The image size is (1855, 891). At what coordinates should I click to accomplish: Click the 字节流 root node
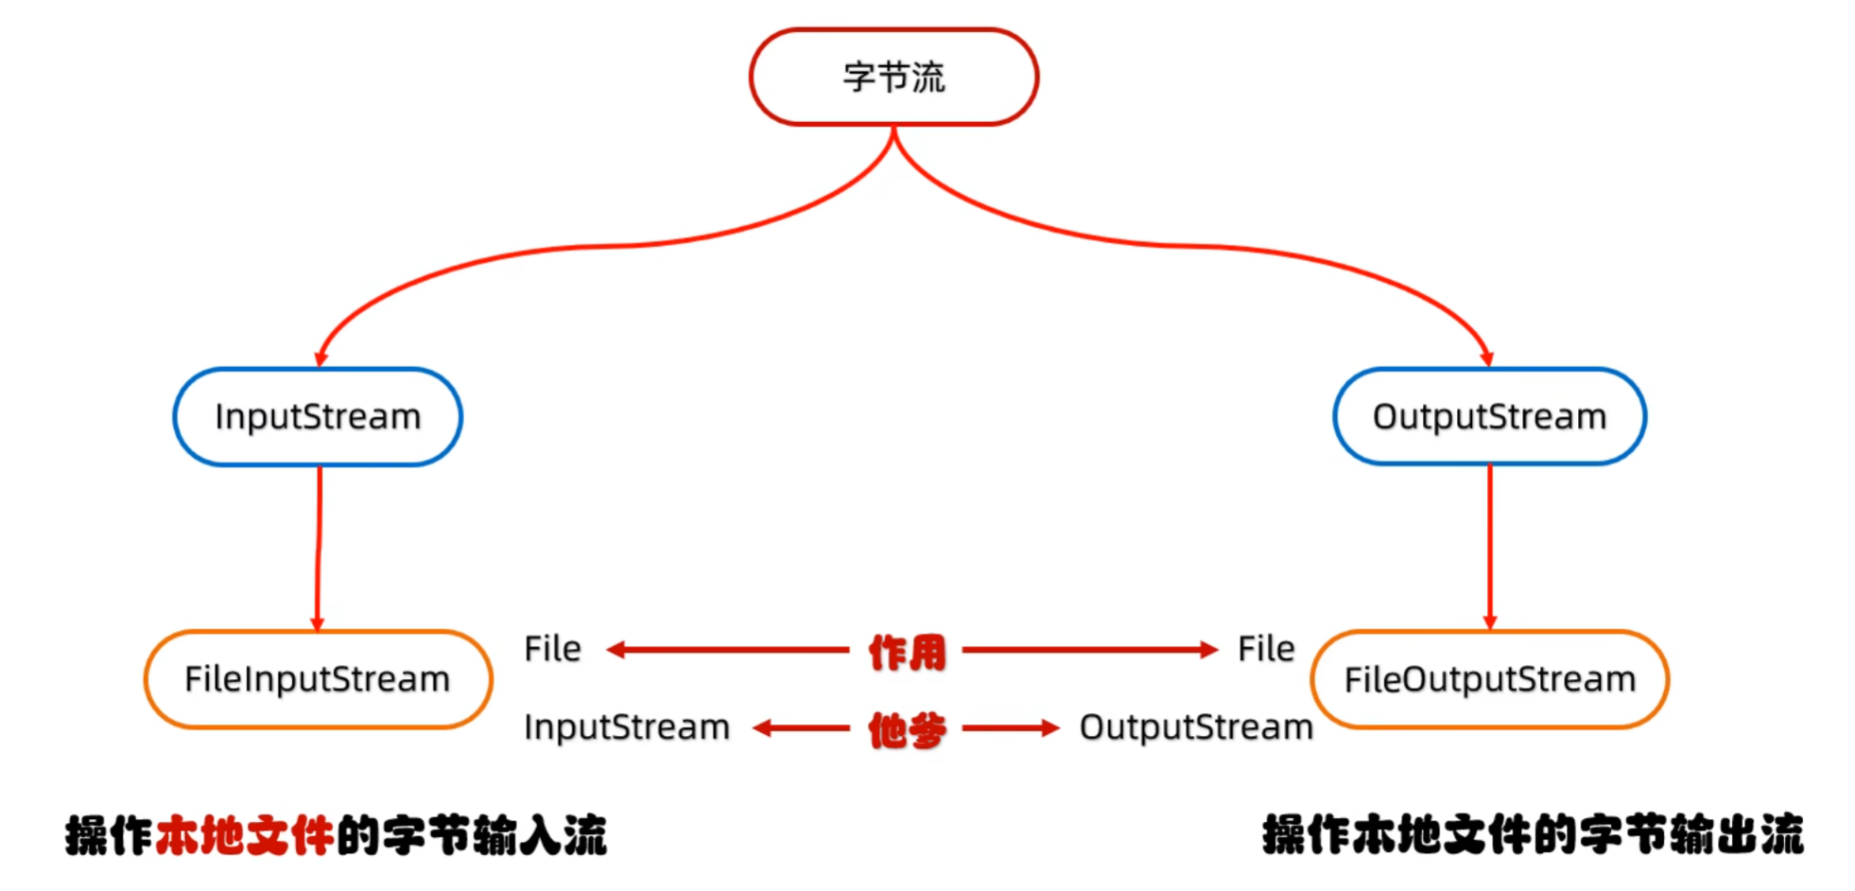click(x=893, y=77)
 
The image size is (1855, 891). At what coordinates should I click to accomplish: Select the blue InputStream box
click(x=318, y=417)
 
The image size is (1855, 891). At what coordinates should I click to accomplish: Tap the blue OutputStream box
click(x=1489, y=417)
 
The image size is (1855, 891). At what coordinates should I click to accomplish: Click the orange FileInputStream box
click(x=318, y=679)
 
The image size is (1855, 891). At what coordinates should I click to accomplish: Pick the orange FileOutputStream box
click(x=1489, y=679)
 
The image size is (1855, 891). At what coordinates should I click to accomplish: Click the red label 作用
click(x=907, y=652)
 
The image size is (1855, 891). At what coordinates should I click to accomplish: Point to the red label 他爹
click(x=907, y=729)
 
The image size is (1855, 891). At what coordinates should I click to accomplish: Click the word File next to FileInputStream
click(x=552, y=649)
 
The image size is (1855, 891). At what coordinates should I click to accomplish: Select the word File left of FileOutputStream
click(x=1266, y=649)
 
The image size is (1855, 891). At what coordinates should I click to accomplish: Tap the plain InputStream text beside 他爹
click(x=627, y=727)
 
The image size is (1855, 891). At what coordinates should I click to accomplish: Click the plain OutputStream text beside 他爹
click(x=1196, y=727)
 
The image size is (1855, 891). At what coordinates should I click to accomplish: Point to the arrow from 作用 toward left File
click(x=728, y=650)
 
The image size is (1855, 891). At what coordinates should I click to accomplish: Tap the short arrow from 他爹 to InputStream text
click(x=801, y=728)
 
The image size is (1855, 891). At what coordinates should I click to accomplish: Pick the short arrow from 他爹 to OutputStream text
click(x=1011, y=728)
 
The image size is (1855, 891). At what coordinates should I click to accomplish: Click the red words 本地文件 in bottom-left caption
click(x=244, y=836)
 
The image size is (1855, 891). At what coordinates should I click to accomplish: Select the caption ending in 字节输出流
click(x=1533, y=835)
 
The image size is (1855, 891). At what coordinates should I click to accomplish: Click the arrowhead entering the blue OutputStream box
click(x=1486, y=358)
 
